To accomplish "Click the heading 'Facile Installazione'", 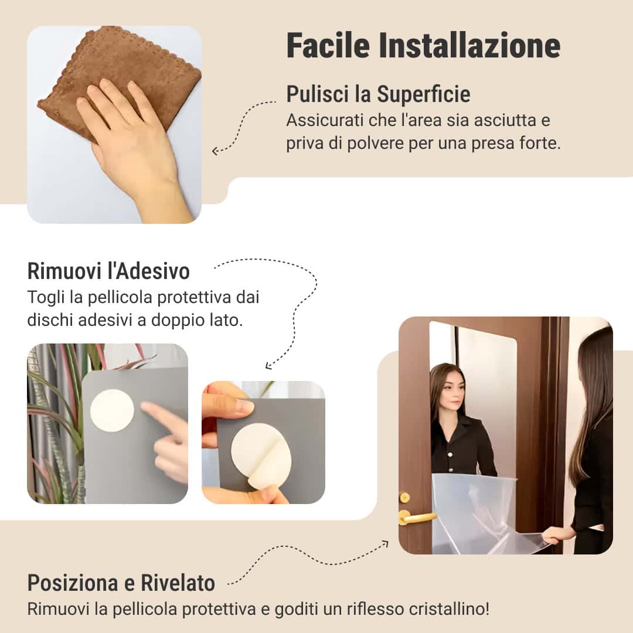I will click(x=423, y=46).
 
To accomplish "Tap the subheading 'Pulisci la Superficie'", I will click(x=378, y=94).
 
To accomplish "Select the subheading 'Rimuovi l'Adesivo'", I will click(x=108, y=271).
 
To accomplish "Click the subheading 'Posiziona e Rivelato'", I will click(x=121, y=583).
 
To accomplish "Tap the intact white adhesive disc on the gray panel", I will click(x=112, y=410).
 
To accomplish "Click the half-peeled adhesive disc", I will click(x=261, y=454).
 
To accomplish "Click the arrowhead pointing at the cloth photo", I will click(x=215, y=151).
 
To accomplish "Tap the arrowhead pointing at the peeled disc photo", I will click(x=269, y=366).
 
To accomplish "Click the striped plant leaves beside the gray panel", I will click(x=56, y=422).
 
